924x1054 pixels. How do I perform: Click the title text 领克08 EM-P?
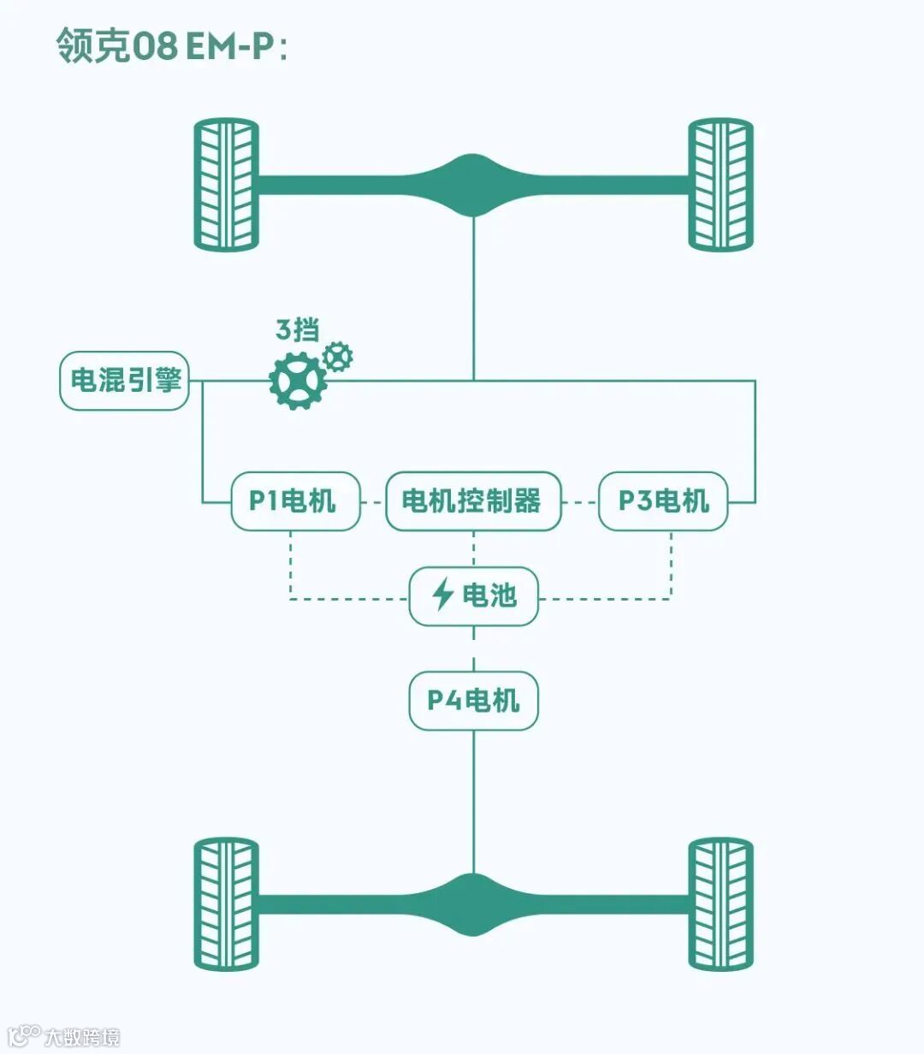pyautogui.click(x=171, y=45)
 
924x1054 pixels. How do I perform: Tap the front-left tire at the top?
pyautogui.click(x=226, y=184)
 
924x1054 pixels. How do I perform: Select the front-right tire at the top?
pyautogui.click(x=721, y=184)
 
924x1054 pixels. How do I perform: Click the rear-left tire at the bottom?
pyautogui.click(x=226, y=903)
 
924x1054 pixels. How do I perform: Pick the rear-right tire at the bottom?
pyautogui.click(x=721, y=903)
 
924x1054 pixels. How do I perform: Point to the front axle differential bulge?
pyautogui.click(x=473, y=185)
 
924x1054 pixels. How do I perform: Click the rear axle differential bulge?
pyautogui.click(x=473, y=904)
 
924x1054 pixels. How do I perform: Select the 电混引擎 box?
pyautogui.click(x=124, y=380)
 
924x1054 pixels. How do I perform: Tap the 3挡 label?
pyautogui.click(x=297, y=329)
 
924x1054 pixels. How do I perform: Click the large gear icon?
pyautogui.click(x=297, y=382)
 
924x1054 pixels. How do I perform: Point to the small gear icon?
pyautogui.click(x=338, y=356)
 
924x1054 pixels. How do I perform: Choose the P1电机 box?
pyautogui.click(x=295, y=501)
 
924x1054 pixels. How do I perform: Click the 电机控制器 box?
pyautogui.click(x=473, y=501)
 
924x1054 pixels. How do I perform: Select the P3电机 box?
pyautogui.click(x=663, y=501)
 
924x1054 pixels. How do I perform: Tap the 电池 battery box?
pyautogui.click(x=473, y=595)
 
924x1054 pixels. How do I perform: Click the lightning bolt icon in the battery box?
pyautogui.click(x=442, y=595)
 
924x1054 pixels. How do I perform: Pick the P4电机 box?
pyautogui.click(x=473, y=701)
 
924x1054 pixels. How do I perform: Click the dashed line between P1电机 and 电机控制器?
pyautogui.click(x=372, y=502)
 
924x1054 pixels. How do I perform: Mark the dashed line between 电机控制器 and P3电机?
pyautogui.click(x=579, y=502)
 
